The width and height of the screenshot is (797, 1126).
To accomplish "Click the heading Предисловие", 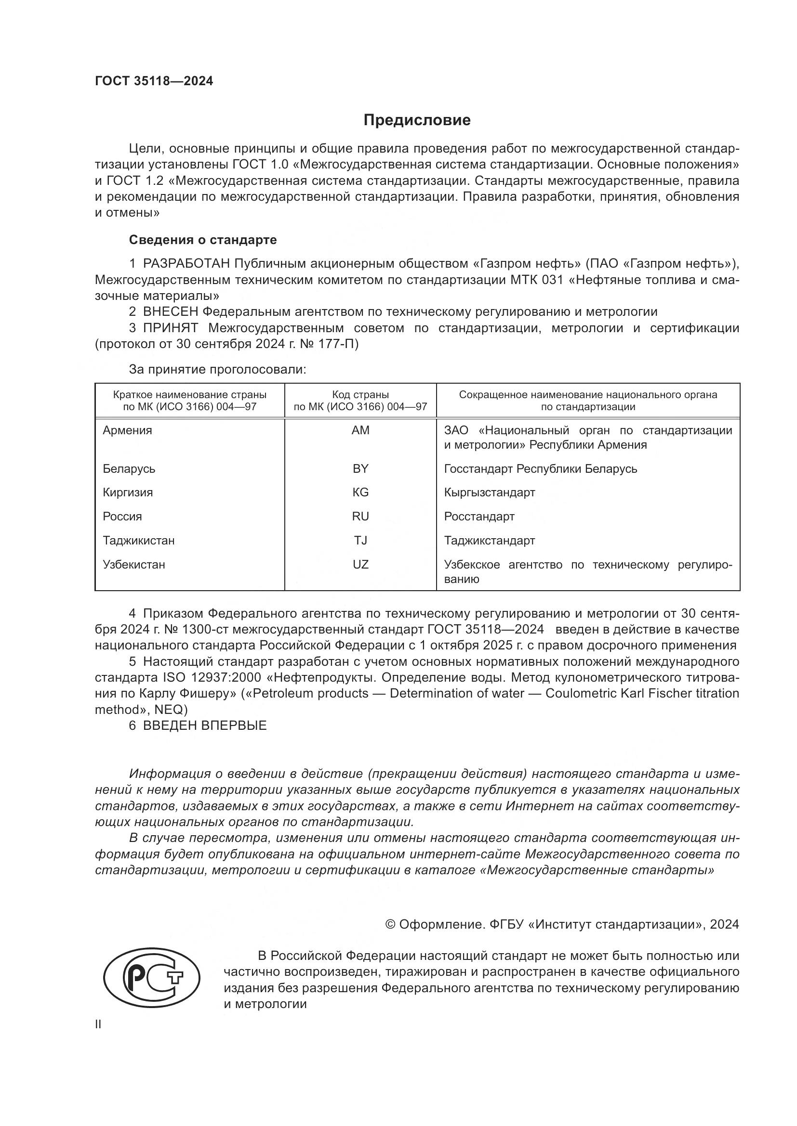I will [x=417, y=120].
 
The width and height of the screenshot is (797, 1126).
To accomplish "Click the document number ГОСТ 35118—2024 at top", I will [x=154, y=81].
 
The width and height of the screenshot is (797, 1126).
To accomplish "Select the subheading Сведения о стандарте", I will [x=203, y=240].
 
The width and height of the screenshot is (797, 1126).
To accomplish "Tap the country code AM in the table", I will [x=360, y=430].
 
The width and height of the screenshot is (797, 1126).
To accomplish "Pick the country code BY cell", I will [x=360, y=468].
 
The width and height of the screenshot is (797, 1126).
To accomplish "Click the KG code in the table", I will [x=360, y=492].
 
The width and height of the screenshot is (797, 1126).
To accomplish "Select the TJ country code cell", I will [x=360, y=541].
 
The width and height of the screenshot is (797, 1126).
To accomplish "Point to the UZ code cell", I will [x=360, y=565].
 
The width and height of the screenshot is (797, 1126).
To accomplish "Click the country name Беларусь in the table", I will [x=129, y=468].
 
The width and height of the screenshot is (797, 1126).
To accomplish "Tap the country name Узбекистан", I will [x=134, y=565].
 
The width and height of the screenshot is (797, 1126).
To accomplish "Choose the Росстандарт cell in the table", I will [x=479, y=517].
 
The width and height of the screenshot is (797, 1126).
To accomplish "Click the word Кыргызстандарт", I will [x=489, y=492].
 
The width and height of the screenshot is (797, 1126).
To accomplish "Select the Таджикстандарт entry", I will [x=489, y=541].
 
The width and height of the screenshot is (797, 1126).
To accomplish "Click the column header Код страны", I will [x=360, y=394].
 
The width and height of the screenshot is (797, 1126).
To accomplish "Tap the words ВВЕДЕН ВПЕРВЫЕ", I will [x=205, y=725].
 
